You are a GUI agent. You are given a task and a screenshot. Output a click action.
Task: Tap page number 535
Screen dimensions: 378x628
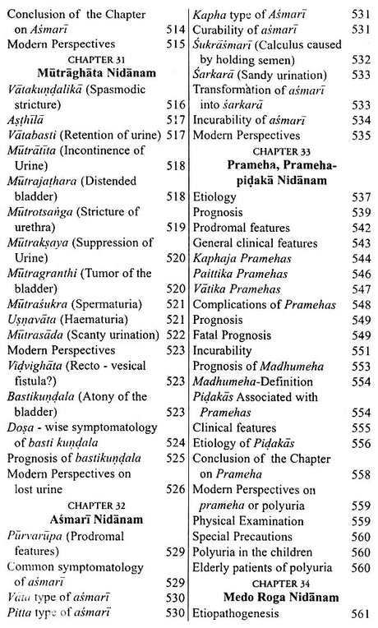point(362,134)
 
